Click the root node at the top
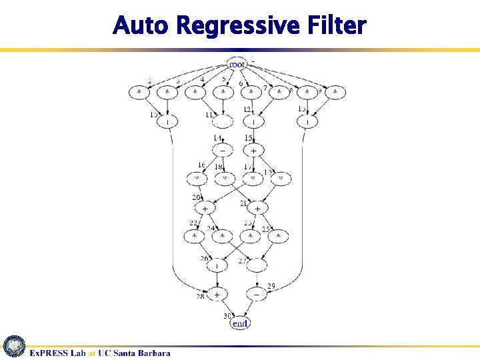point(237,64)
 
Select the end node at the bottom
point(239,323)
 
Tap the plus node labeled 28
point(216,294)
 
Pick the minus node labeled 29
point(257,294)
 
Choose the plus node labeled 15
point(253,151)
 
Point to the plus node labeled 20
point(205,209)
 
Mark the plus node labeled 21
point(257,209)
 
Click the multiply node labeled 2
point(139,93)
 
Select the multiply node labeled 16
point(197,179)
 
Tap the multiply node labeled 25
point(279,236)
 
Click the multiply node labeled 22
point(195,236)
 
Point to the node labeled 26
point(217,265)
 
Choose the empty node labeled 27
point(257,265)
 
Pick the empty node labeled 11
point(223,122)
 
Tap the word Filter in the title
point(339,27)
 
